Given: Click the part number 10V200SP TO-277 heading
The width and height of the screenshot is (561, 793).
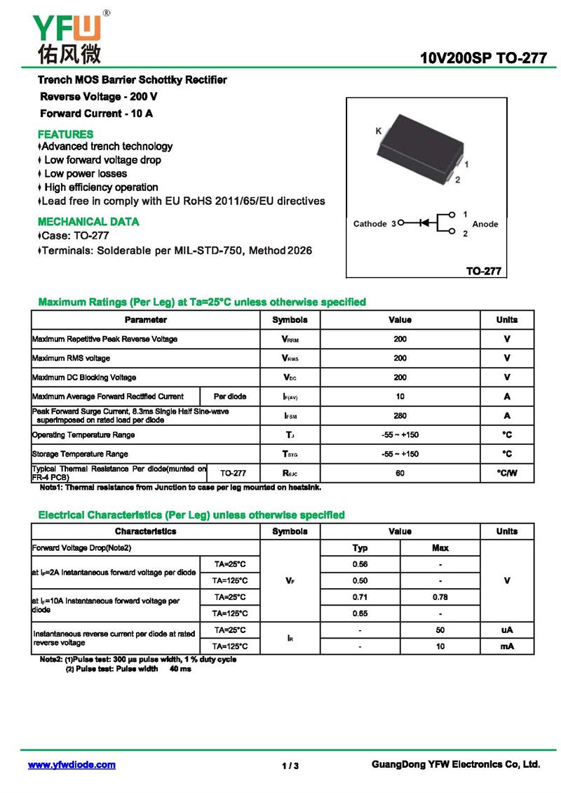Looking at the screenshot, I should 483,58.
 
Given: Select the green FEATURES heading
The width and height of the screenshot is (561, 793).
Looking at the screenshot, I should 65,134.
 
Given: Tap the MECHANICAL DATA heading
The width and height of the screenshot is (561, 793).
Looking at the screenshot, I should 88,222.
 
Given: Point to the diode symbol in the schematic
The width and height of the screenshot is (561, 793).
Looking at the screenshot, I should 423,223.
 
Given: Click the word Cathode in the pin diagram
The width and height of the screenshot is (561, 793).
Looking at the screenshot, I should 370,224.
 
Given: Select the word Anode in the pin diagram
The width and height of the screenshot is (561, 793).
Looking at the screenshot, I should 485,224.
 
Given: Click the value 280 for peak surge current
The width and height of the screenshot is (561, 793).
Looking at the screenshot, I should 400,415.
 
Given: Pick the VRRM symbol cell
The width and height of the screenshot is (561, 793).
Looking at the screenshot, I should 290,340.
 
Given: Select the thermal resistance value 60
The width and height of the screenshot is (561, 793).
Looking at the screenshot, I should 400,473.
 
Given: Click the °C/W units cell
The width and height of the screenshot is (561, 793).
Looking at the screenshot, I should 506,473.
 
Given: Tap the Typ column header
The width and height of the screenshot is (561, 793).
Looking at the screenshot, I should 360,547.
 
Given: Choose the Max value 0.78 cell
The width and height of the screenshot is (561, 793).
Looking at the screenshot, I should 440,597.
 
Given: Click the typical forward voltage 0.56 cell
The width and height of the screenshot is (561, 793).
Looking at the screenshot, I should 360,564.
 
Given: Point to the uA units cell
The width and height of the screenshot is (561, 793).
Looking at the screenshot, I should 506,630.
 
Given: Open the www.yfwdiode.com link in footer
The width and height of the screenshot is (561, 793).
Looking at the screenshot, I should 72,765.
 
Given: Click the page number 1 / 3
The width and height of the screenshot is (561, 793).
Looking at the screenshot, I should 290,766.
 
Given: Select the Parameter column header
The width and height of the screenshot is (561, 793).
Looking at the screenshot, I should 145,320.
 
